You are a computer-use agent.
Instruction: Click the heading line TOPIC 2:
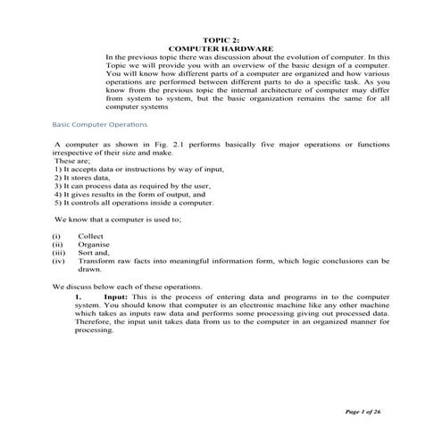[x=221, y=40]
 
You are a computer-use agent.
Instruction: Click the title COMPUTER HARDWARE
[x=221, y=48]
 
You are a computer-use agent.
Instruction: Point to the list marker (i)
[x=56, y=236]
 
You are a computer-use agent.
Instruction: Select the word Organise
[x=94, y=244]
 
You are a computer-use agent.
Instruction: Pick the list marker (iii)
[x=58, y=253]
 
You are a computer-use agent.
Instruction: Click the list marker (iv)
[x=58, y=261]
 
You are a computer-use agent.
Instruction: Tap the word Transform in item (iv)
[x=97, y=261]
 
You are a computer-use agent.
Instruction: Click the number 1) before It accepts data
[x=58, y=168]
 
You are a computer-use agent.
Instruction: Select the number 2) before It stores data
[x=58, y=177]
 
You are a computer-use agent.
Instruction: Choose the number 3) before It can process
[x=58, y=185]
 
